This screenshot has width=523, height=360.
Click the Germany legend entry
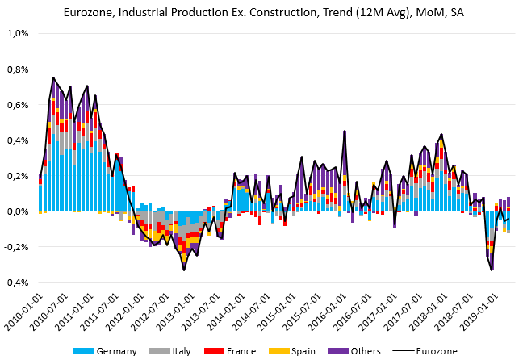click(111, 351)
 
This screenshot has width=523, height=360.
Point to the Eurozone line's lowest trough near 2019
click(492, 270)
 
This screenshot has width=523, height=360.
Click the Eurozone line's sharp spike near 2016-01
click(345, 132)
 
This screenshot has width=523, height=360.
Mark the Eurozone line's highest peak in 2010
click(52, 78)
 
